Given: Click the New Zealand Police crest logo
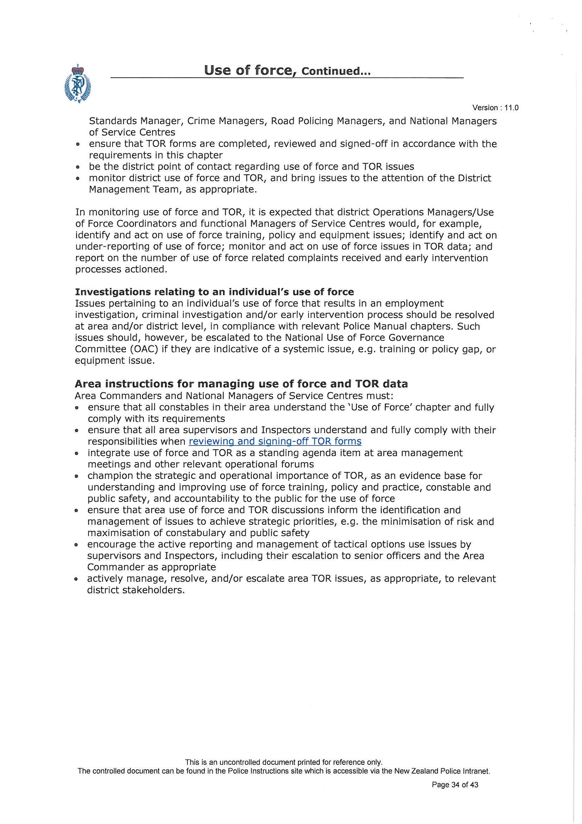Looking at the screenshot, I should (77, 84).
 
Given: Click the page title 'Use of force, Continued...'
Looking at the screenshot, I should (287, 70).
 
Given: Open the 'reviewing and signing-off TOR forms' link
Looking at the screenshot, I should (275, 441).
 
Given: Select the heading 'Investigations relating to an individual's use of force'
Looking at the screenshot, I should (214, 292).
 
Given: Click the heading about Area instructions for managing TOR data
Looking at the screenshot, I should (241, 384).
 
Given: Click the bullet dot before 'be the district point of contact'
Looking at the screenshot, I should (77, 167).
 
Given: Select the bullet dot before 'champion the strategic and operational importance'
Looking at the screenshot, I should (76, 476).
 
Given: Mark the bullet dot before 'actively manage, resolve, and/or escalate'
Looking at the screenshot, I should (76, 579).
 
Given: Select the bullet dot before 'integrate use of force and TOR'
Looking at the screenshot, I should (76, 454).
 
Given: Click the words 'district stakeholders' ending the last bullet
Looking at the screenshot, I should (136, 590).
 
